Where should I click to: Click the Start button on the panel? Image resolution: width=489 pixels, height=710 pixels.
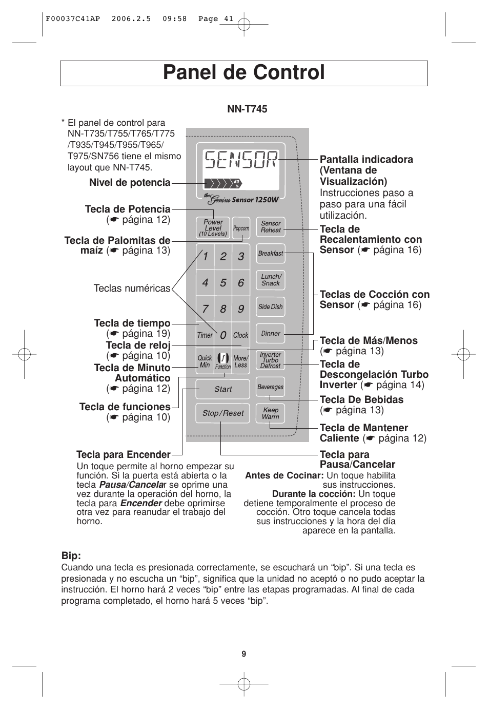tap(223, 389)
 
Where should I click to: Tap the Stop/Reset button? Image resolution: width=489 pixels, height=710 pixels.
tap(223, 413)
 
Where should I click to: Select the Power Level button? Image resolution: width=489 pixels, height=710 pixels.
tap(213, 228)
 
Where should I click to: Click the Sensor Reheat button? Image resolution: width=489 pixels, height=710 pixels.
tap(271, 227)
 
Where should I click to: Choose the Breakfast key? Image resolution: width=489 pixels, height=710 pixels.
tap(271, 254)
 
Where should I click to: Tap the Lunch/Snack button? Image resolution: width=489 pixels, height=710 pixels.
tap(271, 280)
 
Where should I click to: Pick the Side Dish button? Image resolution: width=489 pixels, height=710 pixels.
tap(271, 307)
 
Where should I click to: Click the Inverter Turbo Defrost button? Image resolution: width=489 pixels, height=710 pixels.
tap(271, 360)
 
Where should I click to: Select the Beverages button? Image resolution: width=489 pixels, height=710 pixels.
tap(271, 387)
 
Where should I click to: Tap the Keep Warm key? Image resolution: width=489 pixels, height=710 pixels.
tap(271, 414)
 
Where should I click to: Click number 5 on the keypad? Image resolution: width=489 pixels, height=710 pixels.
tap(223, 283)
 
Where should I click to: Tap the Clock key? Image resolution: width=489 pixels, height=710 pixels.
tap(240, 335)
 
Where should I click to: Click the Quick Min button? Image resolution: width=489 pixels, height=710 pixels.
tap(205, 361)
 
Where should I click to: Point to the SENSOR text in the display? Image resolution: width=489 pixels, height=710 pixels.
tap(241, 161)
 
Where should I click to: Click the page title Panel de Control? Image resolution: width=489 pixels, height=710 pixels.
tap(244, 73)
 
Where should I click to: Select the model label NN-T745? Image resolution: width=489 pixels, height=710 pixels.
tap(247, 109)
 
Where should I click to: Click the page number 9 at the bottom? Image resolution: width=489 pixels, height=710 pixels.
tap(244, 654)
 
